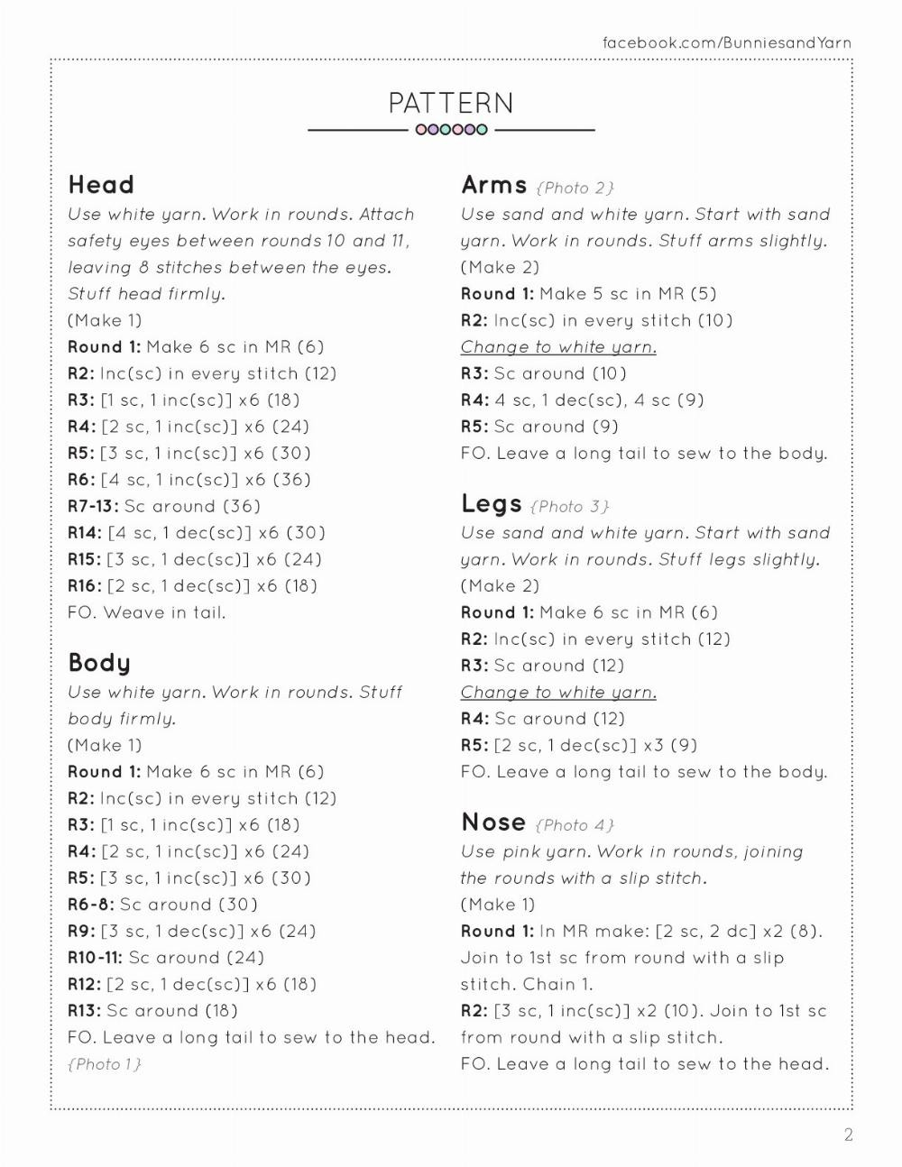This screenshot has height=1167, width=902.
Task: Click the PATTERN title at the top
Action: tap(451, 103)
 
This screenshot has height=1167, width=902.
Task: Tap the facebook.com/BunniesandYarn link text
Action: tap(726, 42)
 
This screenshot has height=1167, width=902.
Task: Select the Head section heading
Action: tap(101, 185)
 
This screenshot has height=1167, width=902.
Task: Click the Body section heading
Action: tap(99, 663)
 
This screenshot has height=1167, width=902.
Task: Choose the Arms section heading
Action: tap(493, 185)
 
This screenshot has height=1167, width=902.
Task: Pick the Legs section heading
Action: tap(491, 503)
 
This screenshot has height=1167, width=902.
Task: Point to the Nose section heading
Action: tap(493, 822)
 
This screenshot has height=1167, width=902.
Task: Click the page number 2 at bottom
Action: tap(848, 1135)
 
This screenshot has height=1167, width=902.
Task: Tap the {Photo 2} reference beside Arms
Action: tap(575, 188)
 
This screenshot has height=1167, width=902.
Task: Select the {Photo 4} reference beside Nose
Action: tap(575, 824)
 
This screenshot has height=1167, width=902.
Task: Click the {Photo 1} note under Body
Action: tap(105, 1064)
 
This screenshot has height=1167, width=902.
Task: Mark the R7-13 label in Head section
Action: tap(93, 506)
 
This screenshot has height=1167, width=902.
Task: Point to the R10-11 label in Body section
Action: tap(95, 958)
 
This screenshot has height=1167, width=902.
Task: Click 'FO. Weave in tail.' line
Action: tap(146, 612)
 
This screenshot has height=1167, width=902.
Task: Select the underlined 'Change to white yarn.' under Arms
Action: tap(558, 347)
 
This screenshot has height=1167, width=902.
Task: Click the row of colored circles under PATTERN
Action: tap(451, 130)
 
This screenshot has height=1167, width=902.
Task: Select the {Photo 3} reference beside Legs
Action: tap(570, 506)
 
